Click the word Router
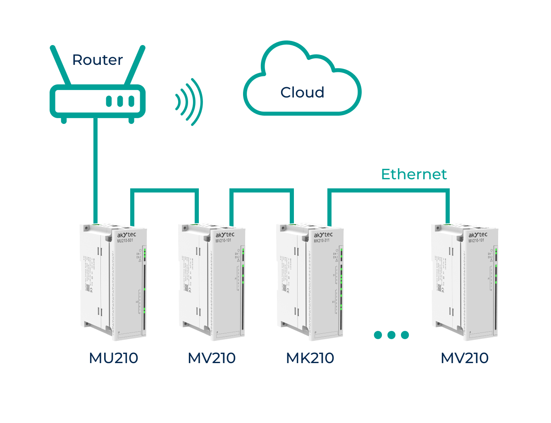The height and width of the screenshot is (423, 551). tap(98, 60)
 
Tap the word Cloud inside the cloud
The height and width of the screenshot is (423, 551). tap(302, 93)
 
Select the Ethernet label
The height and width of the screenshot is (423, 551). tap(414, 174)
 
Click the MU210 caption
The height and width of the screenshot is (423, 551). tap(114, 358)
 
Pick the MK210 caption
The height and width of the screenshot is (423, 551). tap(310, 358)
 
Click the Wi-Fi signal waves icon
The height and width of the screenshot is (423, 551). tap(190, 102)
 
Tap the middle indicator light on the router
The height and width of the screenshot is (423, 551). tap(120, 101)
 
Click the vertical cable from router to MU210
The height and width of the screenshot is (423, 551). tap(95, 169)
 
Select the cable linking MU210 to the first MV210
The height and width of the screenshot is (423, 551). tap(165, 190)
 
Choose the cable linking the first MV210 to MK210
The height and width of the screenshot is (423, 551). tap(262, 190)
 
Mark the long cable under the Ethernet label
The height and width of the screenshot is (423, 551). tap(389, 190)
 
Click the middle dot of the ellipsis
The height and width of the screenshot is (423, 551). tap(391, 335)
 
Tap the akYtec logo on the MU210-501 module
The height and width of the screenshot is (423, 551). tap(126, 235)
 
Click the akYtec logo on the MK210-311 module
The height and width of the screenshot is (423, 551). tap(323, 235)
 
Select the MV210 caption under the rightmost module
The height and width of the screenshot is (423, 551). tap(465, 358)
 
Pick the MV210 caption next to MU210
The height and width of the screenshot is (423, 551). tap(212, 358)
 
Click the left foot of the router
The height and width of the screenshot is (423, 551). tap(64, 120)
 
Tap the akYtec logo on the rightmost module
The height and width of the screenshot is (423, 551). tap(478, 235)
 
